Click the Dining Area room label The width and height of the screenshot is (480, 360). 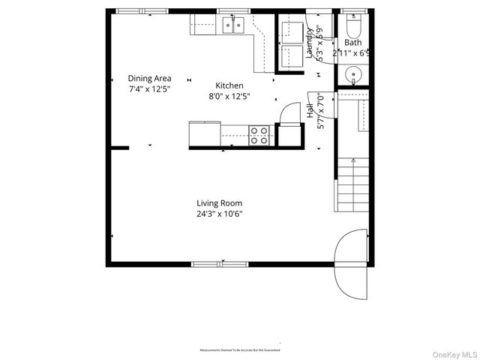coord(149,78)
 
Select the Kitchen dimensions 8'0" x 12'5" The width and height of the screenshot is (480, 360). coord(229,96)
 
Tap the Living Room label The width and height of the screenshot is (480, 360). coord(220,202)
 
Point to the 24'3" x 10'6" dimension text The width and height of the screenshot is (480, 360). coord(220,214)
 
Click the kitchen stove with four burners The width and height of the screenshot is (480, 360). coord(259,135)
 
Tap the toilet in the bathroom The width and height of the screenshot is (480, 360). coord(353,28)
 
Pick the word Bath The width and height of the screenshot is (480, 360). coord(352,43)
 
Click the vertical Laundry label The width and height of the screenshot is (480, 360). coord(308,43)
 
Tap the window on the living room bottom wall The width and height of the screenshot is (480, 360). coord(221,264)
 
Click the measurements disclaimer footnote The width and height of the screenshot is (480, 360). coord(240,350)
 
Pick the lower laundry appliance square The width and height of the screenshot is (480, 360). coord(290,56)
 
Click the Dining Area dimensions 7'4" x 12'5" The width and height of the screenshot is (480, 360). coord(149,89)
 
